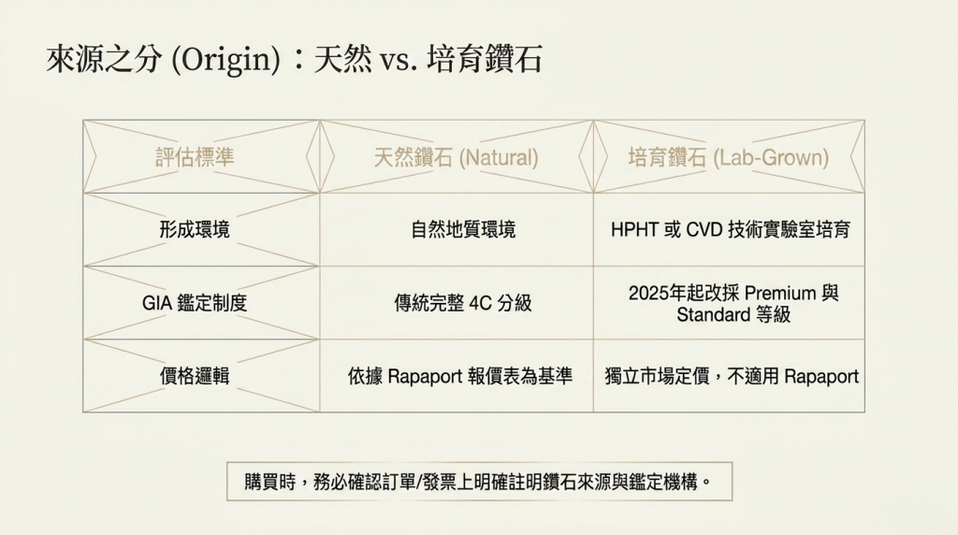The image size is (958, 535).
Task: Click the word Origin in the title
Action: coord(225,61)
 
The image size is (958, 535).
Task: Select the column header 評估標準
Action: coord(195,157)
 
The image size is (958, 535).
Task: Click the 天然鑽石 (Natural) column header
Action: coord(456,157)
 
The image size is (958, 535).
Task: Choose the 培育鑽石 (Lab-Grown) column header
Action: coord(728,157)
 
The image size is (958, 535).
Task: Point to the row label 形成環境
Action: coord(195,230)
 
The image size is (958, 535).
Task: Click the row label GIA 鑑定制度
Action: coord(195,302)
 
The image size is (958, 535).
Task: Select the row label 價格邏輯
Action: coord(195,376)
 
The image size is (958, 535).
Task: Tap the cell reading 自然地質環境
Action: coord(463,230)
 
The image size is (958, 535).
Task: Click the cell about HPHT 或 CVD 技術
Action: coord(730,230)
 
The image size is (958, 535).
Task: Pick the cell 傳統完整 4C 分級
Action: coord(463,302)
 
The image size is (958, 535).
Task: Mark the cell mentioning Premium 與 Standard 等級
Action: coord(733,304)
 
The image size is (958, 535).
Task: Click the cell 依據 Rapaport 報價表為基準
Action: coord(460,376)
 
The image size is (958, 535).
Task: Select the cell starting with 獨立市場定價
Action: coord(732,376)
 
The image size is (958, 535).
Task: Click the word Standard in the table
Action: coord(713,314)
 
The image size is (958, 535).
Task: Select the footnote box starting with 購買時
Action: coord(479,482)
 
